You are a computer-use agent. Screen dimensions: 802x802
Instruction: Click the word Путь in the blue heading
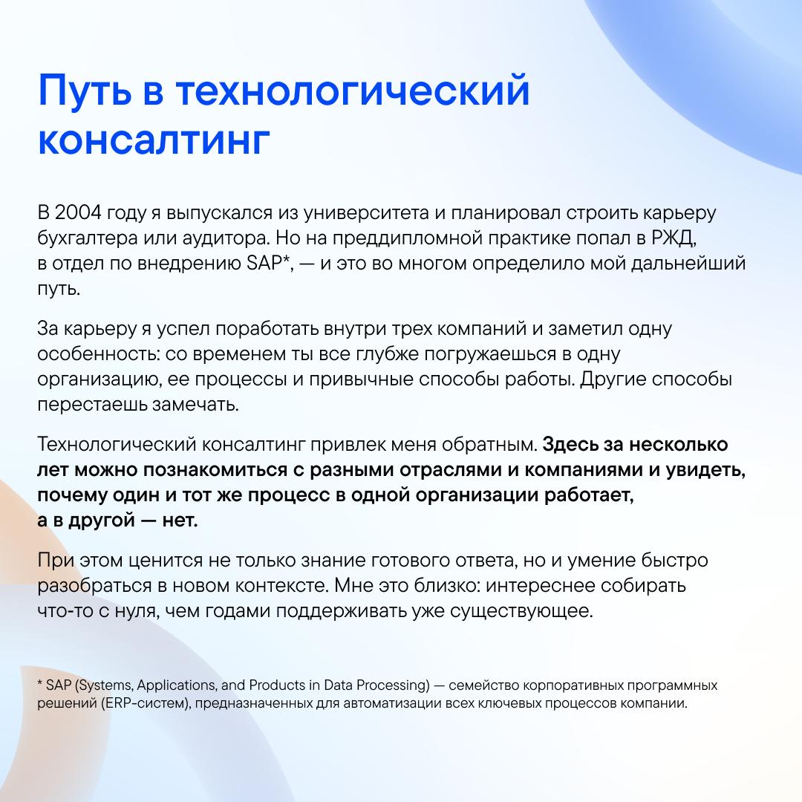[85, 91]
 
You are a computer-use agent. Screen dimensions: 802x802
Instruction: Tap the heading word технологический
[353, 91]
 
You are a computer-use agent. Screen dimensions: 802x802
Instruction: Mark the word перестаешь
[91, 405]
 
